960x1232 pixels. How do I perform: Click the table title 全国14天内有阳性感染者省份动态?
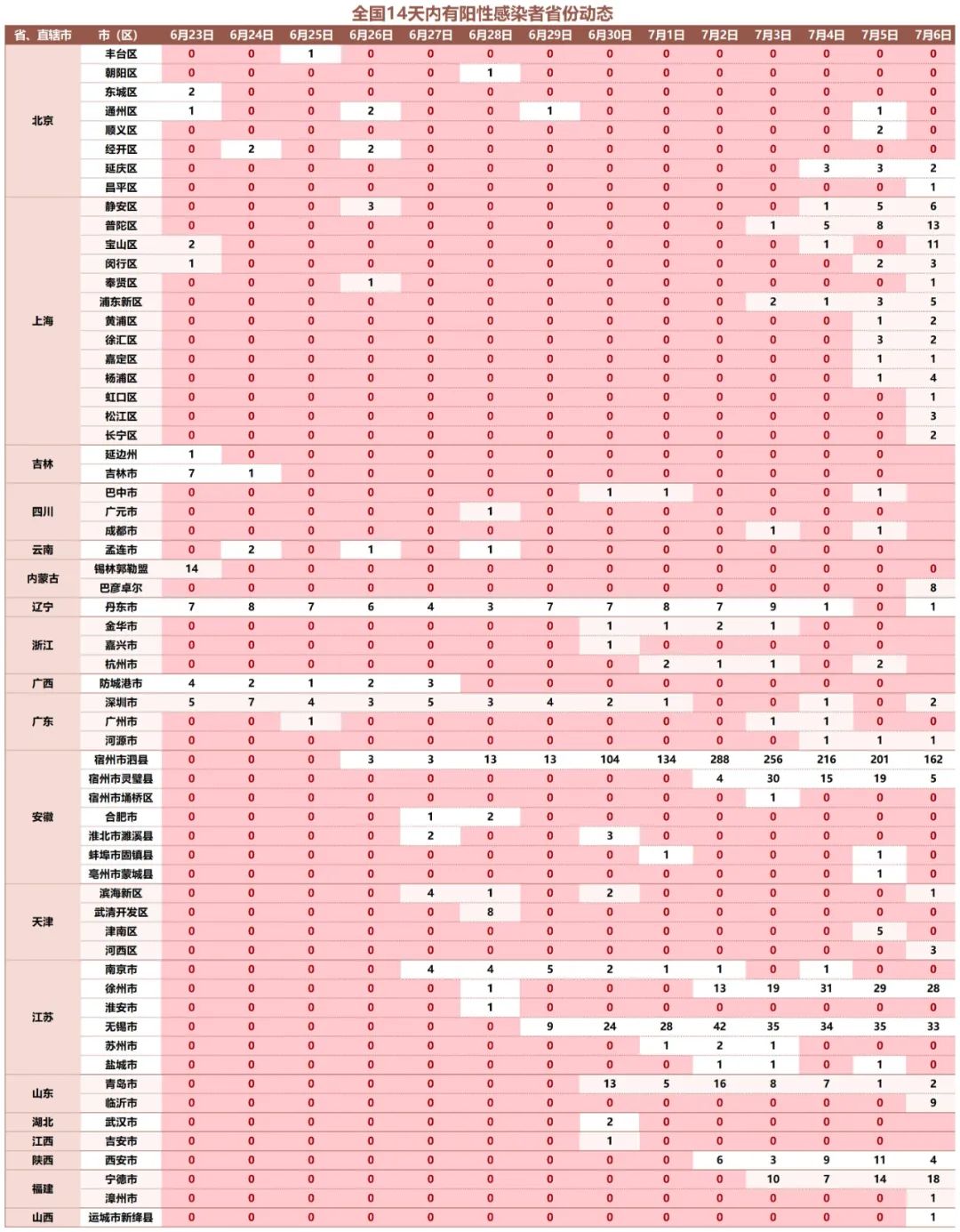pos(482,12)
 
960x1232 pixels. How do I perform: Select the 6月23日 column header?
pos(191,35)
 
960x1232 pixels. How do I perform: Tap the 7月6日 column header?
pos(932,35)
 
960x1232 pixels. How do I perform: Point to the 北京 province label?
pos(42,120)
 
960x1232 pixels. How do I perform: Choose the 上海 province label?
pos(42,320)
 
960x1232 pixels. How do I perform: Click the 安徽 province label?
pos(42,817)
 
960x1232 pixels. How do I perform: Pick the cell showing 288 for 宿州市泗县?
pos(719,760)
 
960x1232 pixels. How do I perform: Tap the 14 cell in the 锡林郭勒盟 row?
pos(191,568)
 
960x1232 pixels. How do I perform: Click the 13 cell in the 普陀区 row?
pos(932,225)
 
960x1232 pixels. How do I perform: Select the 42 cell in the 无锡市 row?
pos(719,1027)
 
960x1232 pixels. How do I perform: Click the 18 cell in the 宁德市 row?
pos(932,1179)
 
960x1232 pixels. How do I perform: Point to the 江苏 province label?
pos(42,1017)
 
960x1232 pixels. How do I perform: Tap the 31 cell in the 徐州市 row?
pos(826,988)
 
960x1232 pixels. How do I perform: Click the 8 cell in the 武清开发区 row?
pos(490,912)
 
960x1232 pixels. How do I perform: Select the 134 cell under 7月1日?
pos(666,760)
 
